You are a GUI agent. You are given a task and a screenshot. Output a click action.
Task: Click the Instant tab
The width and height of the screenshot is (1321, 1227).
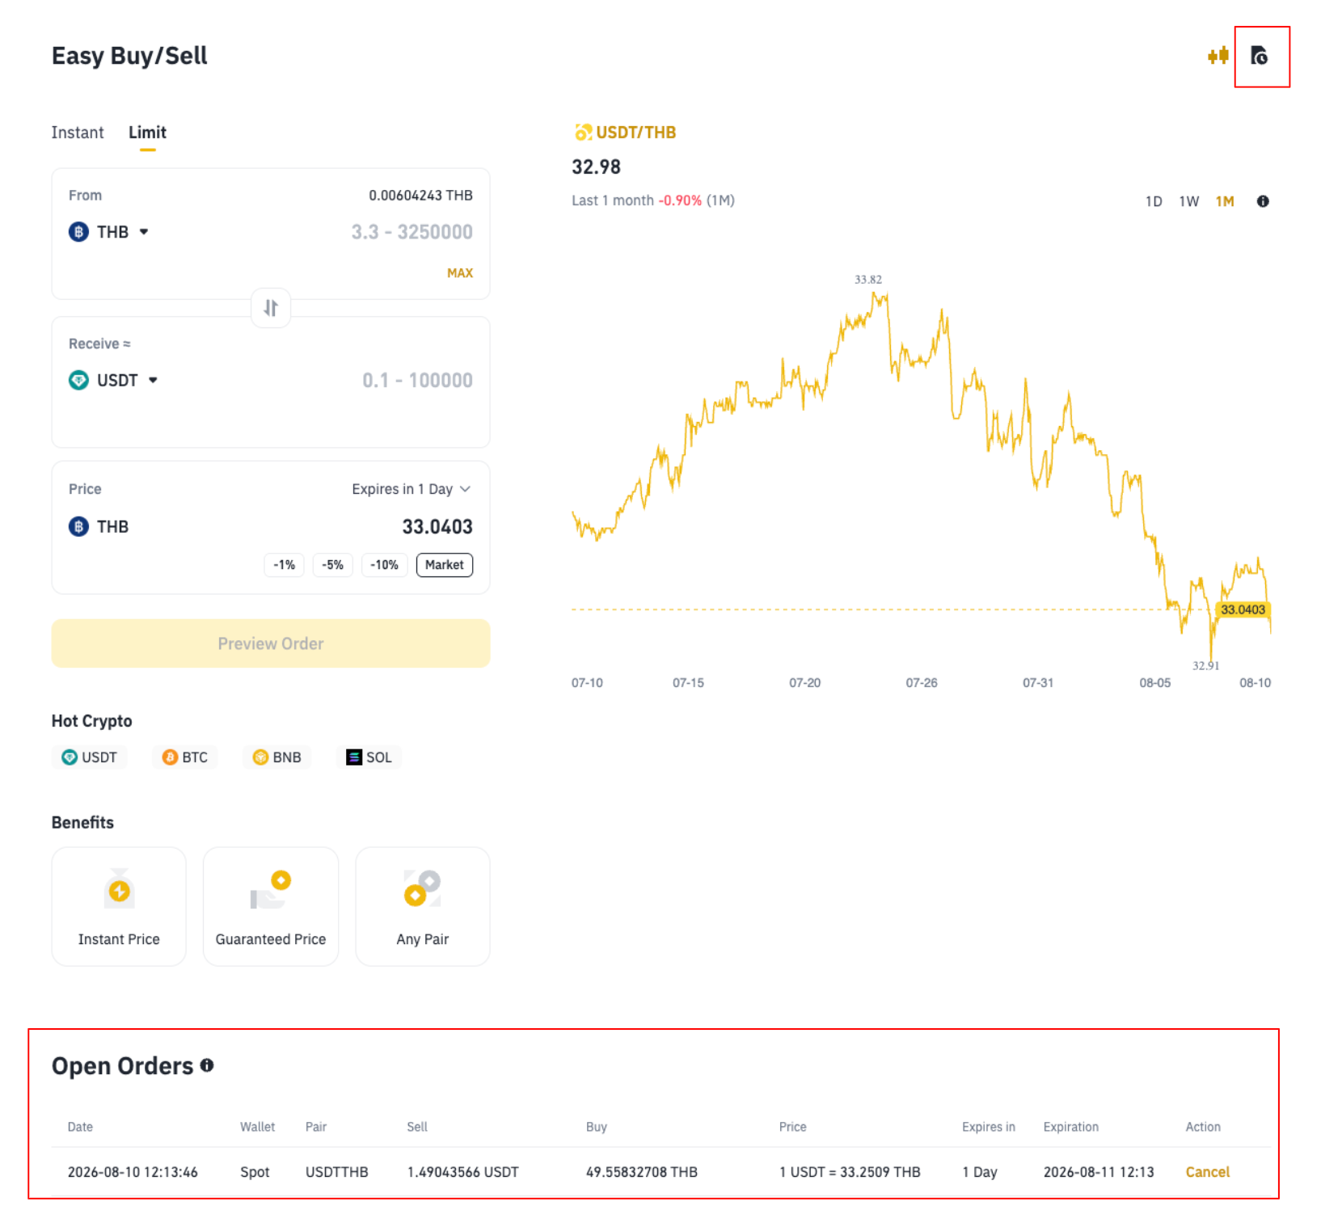pyautogui.click(x=78, y=133)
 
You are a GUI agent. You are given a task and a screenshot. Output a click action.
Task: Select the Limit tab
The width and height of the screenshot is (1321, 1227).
pyautogui.click(x=147, y=133)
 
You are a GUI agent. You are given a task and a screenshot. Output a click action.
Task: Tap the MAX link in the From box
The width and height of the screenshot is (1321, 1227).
pyautogui.click(x=460, y=273)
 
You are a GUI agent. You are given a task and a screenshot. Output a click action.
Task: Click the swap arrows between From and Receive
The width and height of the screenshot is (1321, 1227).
pyautogui.click(x=271, y=308)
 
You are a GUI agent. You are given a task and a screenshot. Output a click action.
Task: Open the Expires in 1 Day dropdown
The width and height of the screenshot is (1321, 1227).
pyautogui.click(x=411, y=489)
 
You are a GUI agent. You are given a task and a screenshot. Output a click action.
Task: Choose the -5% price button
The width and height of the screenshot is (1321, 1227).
pyautogui.click(x=333, y=565)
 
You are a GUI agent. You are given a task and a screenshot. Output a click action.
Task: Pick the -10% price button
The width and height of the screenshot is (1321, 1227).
pyautogui.click(x=384, y=565)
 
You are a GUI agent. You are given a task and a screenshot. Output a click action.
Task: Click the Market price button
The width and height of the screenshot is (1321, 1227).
pyautogui.click(x=445, y=565)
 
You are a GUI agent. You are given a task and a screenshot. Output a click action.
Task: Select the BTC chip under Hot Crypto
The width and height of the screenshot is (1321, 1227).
pyautogui.click(x=185, y=757)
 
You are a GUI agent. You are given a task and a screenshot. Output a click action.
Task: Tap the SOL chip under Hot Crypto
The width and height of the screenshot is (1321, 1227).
pyautogui.click(x=369, y=757)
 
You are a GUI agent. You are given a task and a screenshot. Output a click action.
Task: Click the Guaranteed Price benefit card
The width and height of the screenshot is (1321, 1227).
pyautogui.click(x=271, y=906)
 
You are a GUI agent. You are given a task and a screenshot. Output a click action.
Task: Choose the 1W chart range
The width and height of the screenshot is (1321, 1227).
pyautogui.click(x=1188, y=201)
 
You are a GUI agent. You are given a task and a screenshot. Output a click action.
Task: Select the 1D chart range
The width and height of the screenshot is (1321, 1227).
pyautogui.click(x=1154, y=201)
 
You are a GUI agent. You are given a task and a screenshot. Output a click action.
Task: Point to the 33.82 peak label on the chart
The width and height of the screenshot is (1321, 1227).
pyautogui.click(x=868, y=280)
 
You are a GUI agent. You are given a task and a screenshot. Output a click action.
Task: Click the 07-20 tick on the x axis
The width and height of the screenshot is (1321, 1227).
pyautogui.click(x=804, y=683)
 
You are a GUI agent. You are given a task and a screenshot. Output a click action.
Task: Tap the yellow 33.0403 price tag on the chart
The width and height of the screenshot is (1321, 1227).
pyautogui.click(x=1243, y=609)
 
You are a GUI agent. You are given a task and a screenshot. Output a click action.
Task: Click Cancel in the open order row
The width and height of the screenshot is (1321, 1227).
pyautogui.click(x=1207, y=1172)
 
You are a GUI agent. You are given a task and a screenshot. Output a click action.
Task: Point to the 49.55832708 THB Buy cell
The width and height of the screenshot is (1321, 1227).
pyautogui.click(x=642, y=1172)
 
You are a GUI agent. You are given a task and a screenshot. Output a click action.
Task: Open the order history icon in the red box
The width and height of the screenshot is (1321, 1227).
pyautogui.click(x=1259, y=56)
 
